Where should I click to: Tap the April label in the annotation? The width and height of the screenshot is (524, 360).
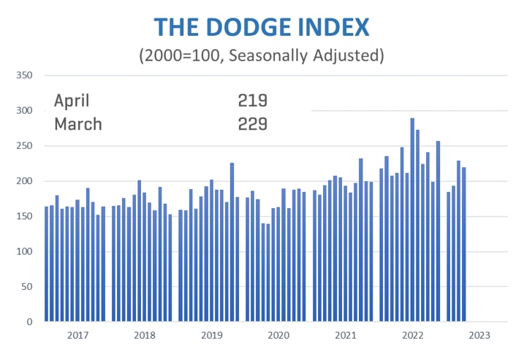point(72,101)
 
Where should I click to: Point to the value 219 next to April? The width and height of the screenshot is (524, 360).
point(252,101)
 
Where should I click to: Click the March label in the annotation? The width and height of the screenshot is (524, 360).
point(78,123)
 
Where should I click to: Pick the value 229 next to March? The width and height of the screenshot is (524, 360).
point(252,123)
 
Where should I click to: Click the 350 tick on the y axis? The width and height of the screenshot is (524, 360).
point(24,75)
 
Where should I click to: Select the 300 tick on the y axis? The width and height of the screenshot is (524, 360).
point(24,111)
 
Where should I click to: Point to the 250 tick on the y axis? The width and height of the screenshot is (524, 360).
point(24,146)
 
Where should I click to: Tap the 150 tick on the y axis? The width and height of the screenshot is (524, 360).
point(24,217)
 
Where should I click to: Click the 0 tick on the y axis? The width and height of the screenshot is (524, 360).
point(30,322)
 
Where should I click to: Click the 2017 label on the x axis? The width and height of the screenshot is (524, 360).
point(77,336)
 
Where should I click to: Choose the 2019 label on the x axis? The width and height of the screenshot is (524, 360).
point(211,336)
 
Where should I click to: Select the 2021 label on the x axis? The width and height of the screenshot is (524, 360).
point(345,336)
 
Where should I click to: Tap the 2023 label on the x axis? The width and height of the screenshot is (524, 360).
point(479,336)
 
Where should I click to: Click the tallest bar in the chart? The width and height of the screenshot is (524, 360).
point(413,219)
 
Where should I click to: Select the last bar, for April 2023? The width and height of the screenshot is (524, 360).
point(464,245)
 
